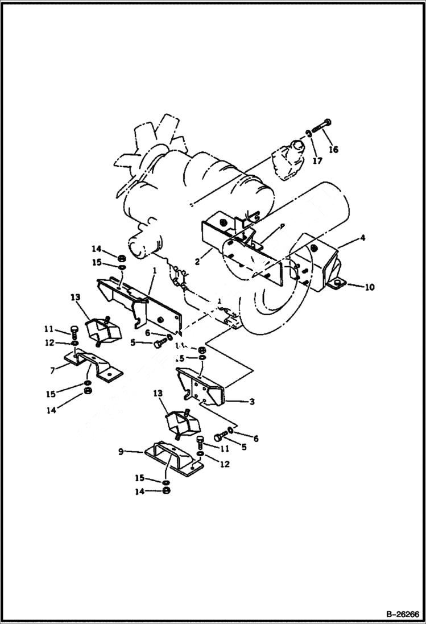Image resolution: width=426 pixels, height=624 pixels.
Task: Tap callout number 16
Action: point(333,150)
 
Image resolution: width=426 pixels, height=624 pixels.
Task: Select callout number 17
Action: point(317,161)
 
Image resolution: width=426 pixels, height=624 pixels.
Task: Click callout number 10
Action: point(369,287)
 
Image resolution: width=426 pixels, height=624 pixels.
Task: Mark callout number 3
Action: point(251,402)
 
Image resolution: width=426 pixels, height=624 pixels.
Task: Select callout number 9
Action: point(121,452)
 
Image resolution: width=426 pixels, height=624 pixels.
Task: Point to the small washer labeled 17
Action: point(308,133)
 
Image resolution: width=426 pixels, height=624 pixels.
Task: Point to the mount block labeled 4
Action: point(319,265)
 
